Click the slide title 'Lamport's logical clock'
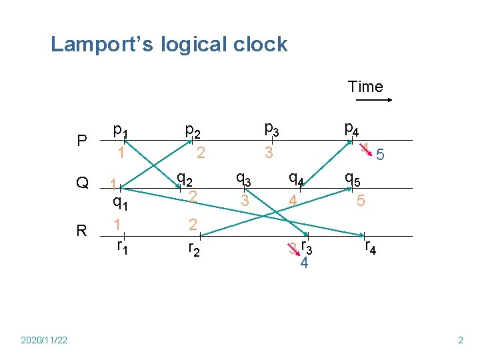click(x=169, y=45)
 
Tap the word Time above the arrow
click(x=365, y=87)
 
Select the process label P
click(x=81, y=141)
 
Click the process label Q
click(x=82, y=183)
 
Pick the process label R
click(x=81, y=231)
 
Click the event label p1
click(x=121, y=129)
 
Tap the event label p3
click(x=271, y=128)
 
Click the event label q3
click(x=243, y=179)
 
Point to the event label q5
click(x=353, y=179)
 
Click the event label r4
click(x=370, y=248)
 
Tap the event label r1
click(x=123, y=247)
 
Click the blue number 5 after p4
click(x=380, y=155)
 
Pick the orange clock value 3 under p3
click(x=268, y=153)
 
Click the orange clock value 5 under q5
click(x=360, y=200)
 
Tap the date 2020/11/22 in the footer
click(x=44, y=340)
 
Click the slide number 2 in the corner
click(x=460, y=340)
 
